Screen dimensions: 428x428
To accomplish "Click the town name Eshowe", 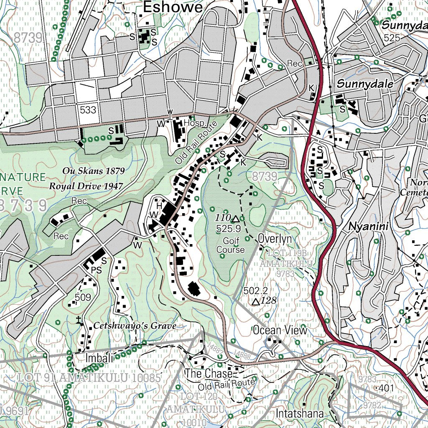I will point(173,7).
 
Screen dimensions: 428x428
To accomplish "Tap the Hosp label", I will point(195,124).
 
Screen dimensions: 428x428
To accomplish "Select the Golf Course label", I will point(230,245).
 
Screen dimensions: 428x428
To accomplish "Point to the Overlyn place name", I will point(275,238).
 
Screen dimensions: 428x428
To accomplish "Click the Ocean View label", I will point(280,330).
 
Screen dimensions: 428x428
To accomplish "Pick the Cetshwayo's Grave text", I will point(135,326).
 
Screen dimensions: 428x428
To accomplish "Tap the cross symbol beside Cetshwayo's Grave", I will point(78,321).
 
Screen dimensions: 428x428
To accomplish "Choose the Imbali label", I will point(99,358).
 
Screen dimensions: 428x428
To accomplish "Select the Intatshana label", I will point(300,413).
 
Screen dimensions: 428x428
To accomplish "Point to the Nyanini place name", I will point(368,227).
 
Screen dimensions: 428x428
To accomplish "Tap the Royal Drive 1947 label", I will point(87,186).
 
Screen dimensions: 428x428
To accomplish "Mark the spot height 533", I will point(88,110).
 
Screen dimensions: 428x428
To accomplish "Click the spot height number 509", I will point(83,298).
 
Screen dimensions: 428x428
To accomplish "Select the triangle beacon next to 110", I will point(235,219).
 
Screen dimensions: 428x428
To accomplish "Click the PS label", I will point(96,270).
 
